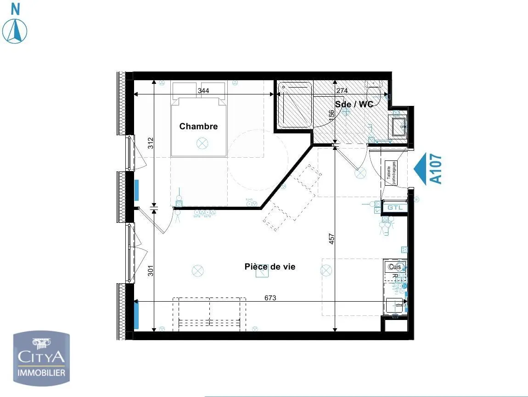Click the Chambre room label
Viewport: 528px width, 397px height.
click(x=198, y=127)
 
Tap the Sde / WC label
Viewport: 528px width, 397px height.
click(x=354, y=105)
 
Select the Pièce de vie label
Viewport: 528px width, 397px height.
click(x=270, y=267)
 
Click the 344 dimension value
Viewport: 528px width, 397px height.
click(x=203, y=91)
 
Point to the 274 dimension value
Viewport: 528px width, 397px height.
click(x=342, y=91)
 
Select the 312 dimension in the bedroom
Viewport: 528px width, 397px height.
click(x=150, y=143)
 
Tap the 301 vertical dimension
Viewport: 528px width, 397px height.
click(x=150, y=271)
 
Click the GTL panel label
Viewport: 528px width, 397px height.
click(x=394, y=208)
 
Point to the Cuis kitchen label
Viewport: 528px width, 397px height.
click(x=394, y=267)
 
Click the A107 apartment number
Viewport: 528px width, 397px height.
click(x=436, y=169)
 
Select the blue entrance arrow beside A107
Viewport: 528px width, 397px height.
click(x=421, y=169)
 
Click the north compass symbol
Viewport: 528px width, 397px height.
click(x=15, y=30)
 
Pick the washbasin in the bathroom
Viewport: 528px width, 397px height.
click(x=397, y=124)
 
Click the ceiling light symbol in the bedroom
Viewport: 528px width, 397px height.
click(x=202, y=143)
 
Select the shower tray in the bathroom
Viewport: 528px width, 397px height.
click(x=296, y=104)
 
